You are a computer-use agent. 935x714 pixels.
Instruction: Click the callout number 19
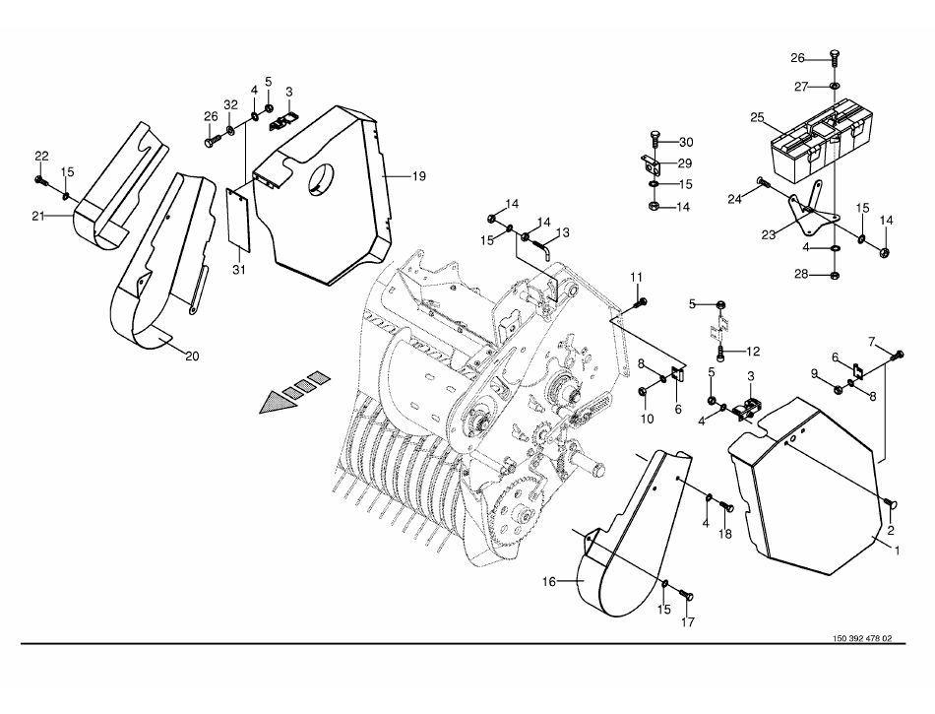[x=419, y=176]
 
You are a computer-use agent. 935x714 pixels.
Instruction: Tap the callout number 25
[x=757, y=117]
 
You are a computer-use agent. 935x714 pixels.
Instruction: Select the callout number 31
[x=239, y=270]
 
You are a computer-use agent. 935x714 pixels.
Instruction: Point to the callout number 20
[x=192, y=357]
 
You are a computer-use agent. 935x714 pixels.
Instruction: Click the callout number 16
[x=548, y=581]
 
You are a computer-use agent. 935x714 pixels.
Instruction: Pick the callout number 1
[x=896, y=552]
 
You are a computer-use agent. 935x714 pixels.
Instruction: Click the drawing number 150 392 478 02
[x=862, y=638]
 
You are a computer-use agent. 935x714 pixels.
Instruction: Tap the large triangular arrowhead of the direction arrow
[x=278, y=402]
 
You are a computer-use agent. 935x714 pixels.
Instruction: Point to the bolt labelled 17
[x=686, y=594]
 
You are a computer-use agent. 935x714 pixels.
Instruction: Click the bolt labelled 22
[x=41, y=177]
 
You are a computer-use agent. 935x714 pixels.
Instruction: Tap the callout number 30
[x=686, y=142]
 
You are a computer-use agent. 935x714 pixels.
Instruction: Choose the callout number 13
[x=563, y=232]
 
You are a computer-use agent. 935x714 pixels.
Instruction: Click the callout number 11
[x=637, y=278]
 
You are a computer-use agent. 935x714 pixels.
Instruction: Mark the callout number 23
[x=769, y=235]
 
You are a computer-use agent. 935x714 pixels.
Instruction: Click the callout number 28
[x=801, y=275]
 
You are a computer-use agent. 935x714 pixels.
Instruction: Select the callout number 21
[x=38, y=217]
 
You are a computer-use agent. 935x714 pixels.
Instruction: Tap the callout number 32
[x=230, y=105]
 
